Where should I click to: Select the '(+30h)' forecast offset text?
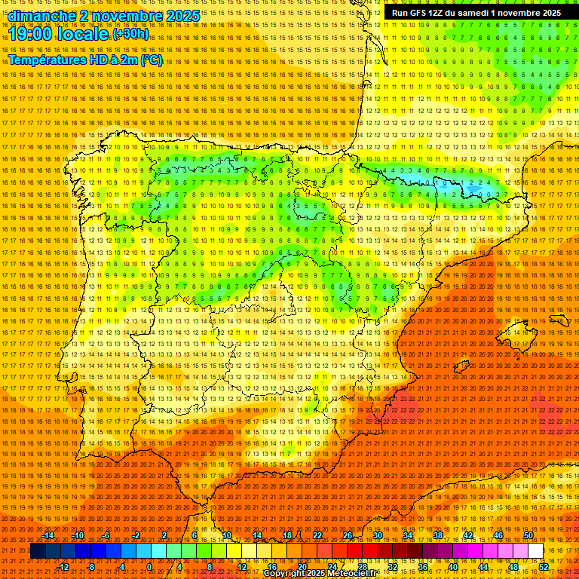coord(130,33)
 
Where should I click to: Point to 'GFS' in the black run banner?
coord(419,13)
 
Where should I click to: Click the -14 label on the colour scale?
coord(49,535)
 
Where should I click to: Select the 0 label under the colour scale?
coord(149,567)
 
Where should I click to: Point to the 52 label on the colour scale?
coord(544,567)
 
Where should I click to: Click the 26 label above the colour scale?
coord(347,535)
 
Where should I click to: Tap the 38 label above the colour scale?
coord(437,535)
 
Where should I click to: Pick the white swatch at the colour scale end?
coord(535,551)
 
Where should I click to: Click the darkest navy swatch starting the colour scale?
coord(37,551)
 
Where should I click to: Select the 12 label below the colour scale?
coord(242,567)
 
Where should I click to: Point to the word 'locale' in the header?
coord(82,34)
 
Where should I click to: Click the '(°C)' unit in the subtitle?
coord(151,60)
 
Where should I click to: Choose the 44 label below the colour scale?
coord(483,567)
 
